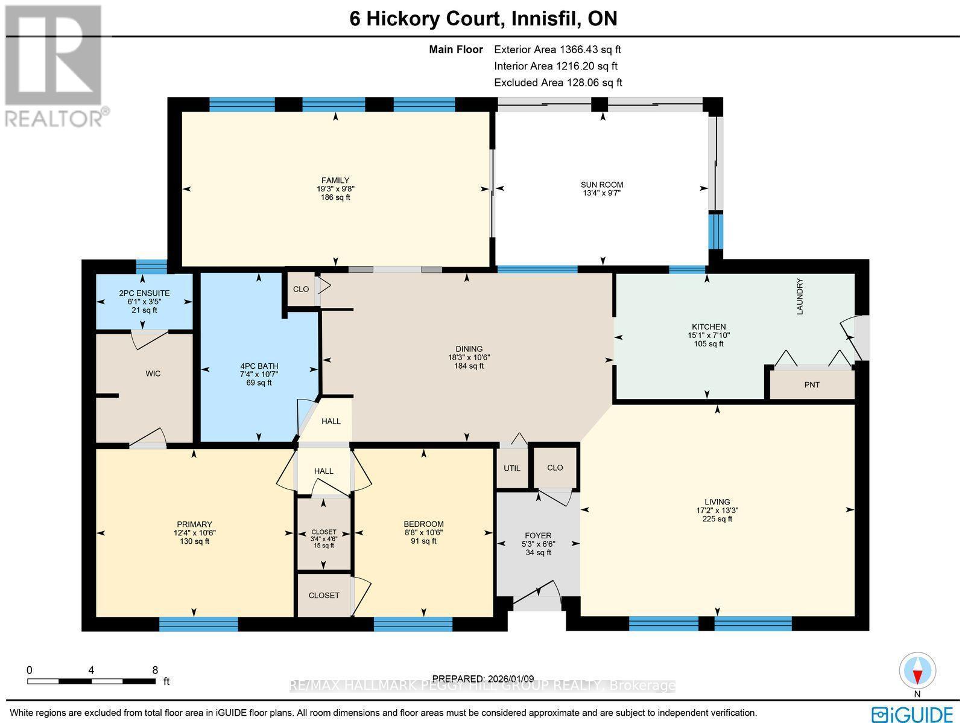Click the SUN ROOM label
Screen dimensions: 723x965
(601, 185)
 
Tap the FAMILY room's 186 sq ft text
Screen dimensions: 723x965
(335, 197)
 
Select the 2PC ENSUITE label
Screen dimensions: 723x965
(144, 293)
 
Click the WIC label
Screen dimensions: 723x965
(153, 374)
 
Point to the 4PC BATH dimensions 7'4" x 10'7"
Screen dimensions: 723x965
(259, 374)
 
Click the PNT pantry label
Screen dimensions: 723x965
(812, 384)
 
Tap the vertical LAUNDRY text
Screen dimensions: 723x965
(800, 296)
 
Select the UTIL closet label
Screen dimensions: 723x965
(512, 468)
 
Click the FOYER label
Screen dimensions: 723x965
(538, 535)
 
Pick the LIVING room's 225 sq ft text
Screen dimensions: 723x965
(717, 518)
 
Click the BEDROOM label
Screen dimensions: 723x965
(423, 524)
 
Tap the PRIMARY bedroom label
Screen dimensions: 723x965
(194, 524)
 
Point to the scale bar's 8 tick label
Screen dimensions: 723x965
(155, 670)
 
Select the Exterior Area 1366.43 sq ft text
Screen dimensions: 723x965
(557, 50)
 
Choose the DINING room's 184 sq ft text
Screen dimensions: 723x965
(469, 366)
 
